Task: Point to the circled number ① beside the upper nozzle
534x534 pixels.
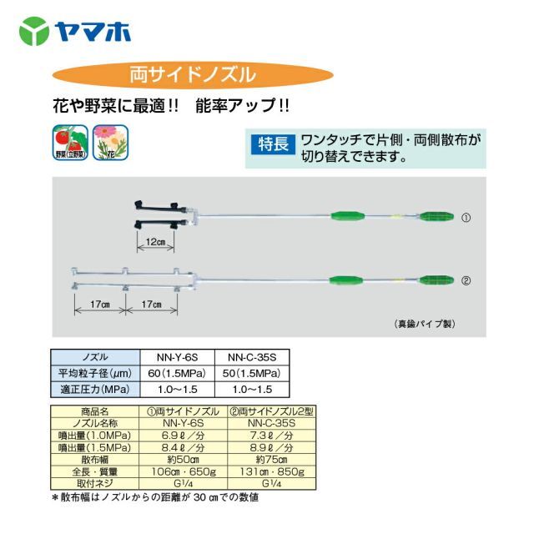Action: click(x=466, y=218)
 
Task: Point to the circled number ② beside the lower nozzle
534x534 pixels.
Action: click(x=466, y=281)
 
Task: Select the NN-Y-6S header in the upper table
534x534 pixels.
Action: click(x=179, y=357)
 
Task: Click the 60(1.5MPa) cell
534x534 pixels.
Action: click(x=179, y=372)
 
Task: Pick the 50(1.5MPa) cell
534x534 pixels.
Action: click(x=253, y=372)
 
